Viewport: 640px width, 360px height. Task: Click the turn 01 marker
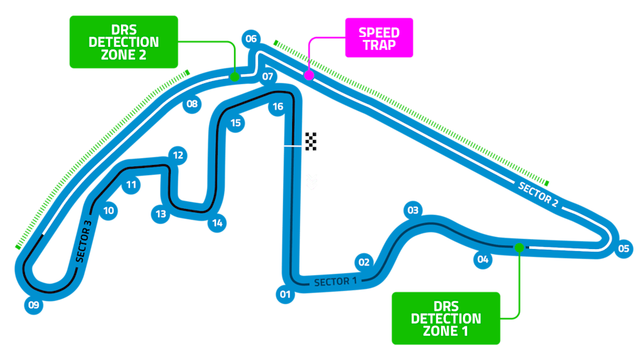pyautogui.click(x=285, y=294)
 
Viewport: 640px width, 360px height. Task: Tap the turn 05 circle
pyautogui.click(x=624, y=248)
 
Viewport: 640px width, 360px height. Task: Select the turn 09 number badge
pyautogui.click(x=33, y=305)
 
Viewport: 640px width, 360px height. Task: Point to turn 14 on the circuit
pyautogui.click(x=218, y=223)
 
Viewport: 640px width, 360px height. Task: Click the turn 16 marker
pyautogui.click(x=278, y=107)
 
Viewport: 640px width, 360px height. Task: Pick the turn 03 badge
pyautogui.click(x=412, y=210)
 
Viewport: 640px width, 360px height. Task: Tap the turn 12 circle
pyautogui.click(x=178, y=155)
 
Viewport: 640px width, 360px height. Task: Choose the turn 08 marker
pyautogui.click(x=192, y=105)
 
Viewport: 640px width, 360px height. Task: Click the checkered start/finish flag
pyautogui.click(x=311, y=141)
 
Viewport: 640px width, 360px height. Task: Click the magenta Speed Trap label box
pyautogui.click(x=379, y=38)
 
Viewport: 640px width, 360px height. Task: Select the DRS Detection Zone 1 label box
pyautogui.click(x=446, y=318)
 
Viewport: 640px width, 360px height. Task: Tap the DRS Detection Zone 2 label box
pyautogui.click(x=123, y=42)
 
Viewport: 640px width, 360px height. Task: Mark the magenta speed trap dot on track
pyautogui.click(x=309, y=75)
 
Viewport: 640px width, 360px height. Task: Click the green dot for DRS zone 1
pyautogui.click(x=519, y=248)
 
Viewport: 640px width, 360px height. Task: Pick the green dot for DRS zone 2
pyautogui.click(x=234, y=75)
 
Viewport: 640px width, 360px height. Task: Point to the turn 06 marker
pyautogui.click(x=250, y=38)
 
